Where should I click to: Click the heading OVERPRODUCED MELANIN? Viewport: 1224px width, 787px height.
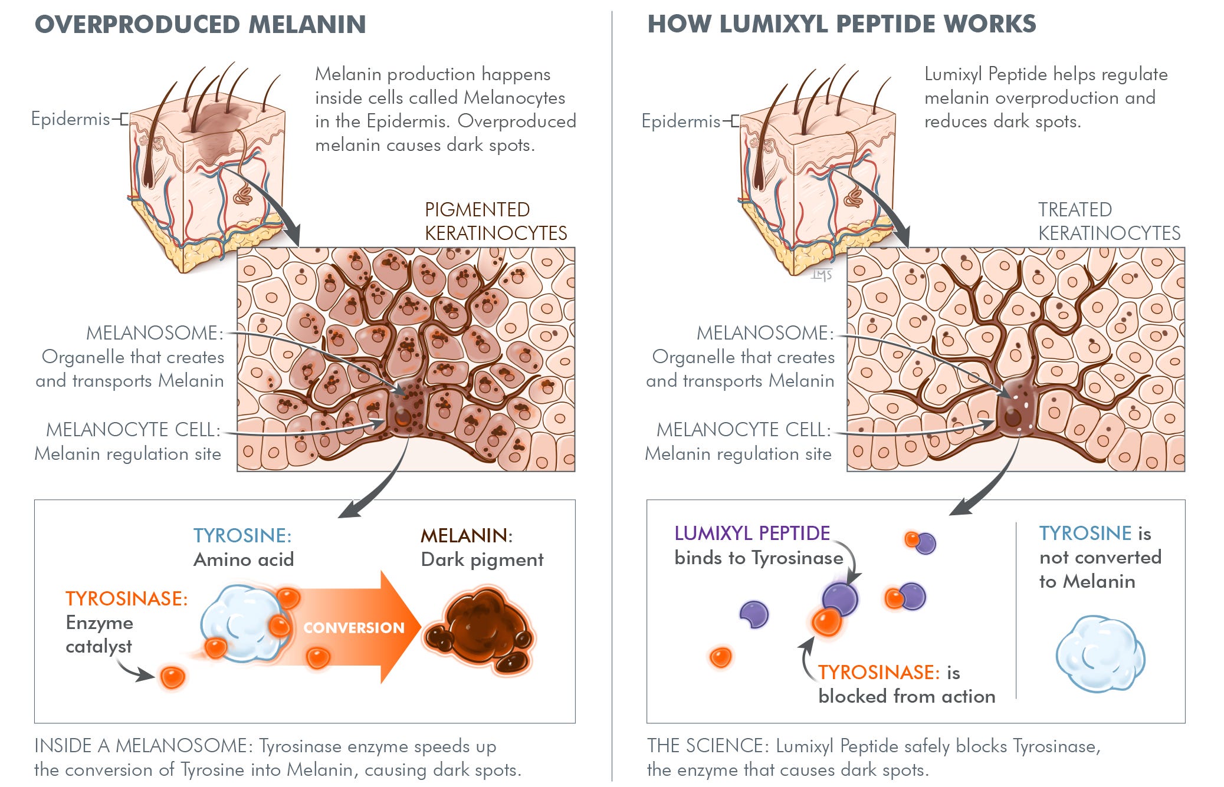pos(201,25)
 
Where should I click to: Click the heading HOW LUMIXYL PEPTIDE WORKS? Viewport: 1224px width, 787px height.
pos(841,25)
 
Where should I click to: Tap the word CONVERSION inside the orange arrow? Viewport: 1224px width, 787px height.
pos(354,628)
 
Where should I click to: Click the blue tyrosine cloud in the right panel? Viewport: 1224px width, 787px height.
pos(1100,654)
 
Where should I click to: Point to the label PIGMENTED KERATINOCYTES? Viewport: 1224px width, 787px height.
pos(495,222)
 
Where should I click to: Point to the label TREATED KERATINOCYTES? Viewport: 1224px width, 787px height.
pos(1109,222)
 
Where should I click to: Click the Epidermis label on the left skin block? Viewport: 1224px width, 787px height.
pos(71,119)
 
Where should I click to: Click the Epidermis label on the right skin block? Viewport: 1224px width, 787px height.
pos(681,121)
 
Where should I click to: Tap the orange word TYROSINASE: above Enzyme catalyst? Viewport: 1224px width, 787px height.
pos(126,599)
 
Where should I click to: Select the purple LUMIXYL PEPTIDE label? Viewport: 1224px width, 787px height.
pos(752,534)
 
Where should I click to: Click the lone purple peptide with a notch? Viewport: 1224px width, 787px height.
pos(754,614)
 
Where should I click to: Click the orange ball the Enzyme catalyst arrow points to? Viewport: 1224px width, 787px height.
pos(172,677)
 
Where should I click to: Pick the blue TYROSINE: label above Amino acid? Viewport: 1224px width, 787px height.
pos(242,536)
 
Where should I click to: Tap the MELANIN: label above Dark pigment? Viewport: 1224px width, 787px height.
pos(466,536)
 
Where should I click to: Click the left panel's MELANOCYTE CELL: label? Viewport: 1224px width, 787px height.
pos(133,430)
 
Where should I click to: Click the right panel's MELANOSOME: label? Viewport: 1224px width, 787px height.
pos(765,333)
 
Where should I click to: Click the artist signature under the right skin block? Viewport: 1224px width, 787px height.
pos(821,275)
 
